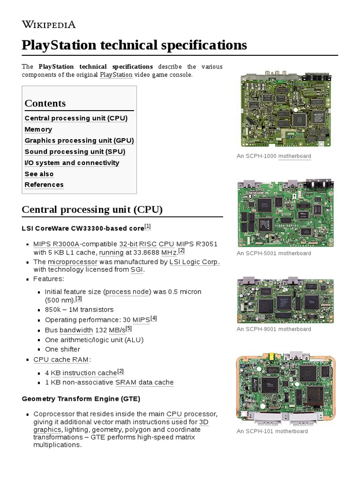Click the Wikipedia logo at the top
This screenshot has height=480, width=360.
point(49,24)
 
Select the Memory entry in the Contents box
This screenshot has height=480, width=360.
point(38,129)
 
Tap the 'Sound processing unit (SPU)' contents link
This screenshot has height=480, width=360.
point(75,151)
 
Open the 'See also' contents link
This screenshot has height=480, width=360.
point(39,174)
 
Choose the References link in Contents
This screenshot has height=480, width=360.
point(44,185)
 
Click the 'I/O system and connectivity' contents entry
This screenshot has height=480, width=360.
point(72,163)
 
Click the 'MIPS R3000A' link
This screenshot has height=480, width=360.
point(56,244)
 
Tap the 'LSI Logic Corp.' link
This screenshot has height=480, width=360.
point(195,262)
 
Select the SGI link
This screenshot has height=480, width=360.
point(137,270)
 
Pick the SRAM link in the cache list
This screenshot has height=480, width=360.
point(126,382)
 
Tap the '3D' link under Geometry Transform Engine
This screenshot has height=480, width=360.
point(203,422)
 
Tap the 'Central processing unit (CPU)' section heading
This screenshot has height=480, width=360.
point(92,210)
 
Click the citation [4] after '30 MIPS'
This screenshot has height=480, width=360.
point(154,319)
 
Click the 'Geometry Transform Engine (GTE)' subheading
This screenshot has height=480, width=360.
point(81,399)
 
